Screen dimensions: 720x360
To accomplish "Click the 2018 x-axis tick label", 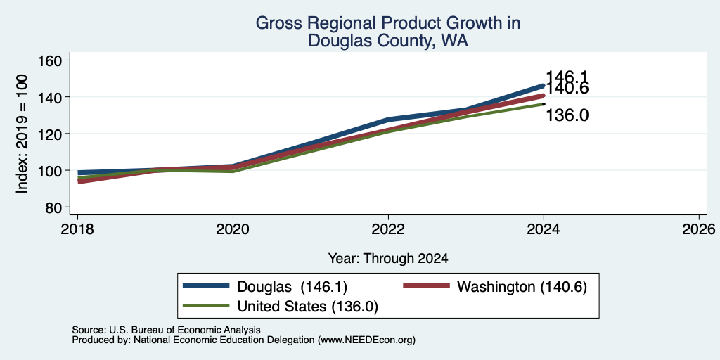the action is click(77, 229).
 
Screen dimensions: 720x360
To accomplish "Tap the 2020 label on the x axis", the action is click(233, 229).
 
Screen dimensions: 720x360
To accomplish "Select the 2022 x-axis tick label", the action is click(388, 229).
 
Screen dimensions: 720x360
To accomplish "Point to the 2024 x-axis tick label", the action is click(544, 229).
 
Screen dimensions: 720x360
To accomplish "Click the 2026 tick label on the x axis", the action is click(699, 229).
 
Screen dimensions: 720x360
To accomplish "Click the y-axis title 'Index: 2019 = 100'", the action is click(22, 134).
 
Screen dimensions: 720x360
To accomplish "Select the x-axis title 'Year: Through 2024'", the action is click(388, 258).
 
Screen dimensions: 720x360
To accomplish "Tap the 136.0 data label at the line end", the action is click(567, 115).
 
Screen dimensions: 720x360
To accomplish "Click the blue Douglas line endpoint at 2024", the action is click(544, 86).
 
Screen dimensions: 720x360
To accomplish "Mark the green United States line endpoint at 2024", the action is click(544, 104).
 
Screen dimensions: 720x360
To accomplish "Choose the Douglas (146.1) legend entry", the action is click(265, 287).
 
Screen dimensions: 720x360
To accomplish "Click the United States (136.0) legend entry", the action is click(281, 306).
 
